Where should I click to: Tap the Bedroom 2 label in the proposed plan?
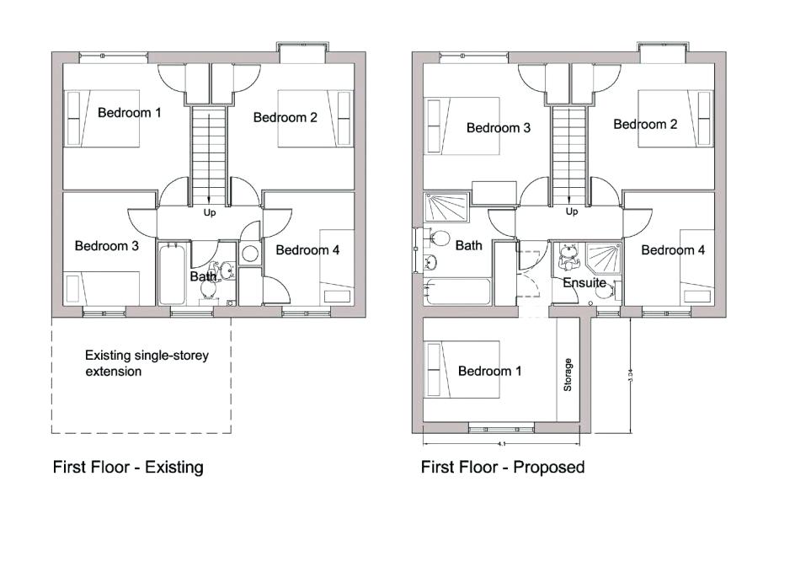pyautogui.click(x=645, y=124)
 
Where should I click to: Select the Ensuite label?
pyautogui.click(x=584, y=282)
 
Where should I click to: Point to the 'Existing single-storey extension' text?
pyautogui.click(x=146, y=363)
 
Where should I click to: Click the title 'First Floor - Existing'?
pyautogui.click(x=128, y=466)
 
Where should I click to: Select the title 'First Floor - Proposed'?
pyautogui.click(x=503, y=466)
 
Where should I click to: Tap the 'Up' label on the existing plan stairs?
pyautogui.click(x=210, y=212)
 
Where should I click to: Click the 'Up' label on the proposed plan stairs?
pyautogui.click(x=573, y=211)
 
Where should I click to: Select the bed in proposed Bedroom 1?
pyautogui.click(x=462, y=371)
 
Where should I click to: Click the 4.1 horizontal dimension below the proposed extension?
pyautogui.click(x=502, y=443)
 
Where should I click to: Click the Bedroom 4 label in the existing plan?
pyautogui.click(x=307, y=249)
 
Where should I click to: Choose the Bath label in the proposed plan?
pyautogui.click(x=469, y=245)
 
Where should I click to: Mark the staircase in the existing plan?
pyautogui.click(x=209, y=152)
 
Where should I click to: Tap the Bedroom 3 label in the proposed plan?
pyautogui.click(x=499, y=128)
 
